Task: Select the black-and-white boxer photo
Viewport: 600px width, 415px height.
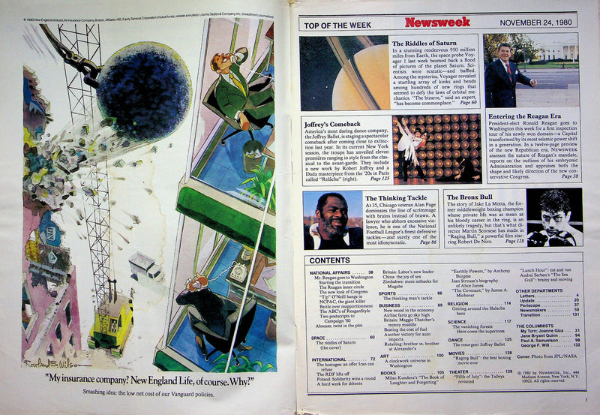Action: coord(553,217)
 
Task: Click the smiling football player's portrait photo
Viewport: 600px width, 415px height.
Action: coord(333,221)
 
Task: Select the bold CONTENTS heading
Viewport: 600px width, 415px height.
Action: coord(328,260)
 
